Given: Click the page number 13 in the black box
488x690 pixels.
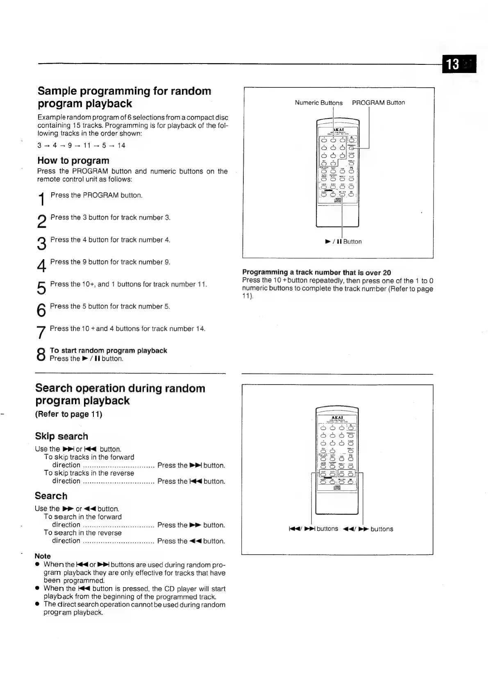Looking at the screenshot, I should (x=453, y=64).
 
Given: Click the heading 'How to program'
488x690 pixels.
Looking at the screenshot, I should (x=73, y=160).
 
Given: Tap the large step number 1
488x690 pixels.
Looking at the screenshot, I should (x=41, y=200).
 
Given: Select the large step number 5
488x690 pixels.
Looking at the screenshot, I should (x=41, y=288).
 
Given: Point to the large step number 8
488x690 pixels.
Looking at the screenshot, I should (x=41, y=355).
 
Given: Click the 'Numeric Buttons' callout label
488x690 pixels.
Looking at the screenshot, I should (x=318, y=103).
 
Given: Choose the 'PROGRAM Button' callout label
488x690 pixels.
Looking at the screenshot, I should (x=378, y=102).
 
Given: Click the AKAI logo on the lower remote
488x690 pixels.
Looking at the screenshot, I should (x=337, y=418).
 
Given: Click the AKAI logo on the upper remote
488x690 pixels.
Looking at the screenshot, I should (x=338, y=130).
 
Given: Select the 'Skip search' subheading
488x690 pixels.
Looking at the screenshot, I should (x=61, y=436).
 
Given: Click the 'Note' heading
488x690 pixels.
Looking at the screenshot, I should (x=43, y=556).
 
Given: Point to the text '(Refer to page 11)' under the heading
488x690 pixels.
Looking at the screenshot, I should (x=68, y=414).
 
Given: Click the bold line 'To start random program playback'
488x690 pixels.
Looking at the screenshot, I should (x=108, y=351).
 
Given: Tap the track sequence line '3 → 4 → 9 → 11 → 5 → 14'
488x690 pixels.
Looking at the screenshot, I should (x=81, y=146).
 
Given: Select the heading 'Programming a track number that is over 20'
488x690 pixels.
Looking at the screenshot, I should (x=316, y=272).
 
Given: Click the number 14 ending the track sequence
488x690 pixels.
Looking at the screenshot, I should (x=121, y=146).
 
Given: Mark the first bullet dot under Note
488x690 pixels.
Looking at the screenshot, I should (x=37, y=565).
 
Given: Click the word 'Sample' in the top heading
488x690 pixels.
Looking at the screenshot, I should (x=57, y=91).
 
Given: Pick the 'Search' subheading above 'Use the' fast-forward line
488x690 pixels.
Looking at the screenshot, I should (x=51, y=496).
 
